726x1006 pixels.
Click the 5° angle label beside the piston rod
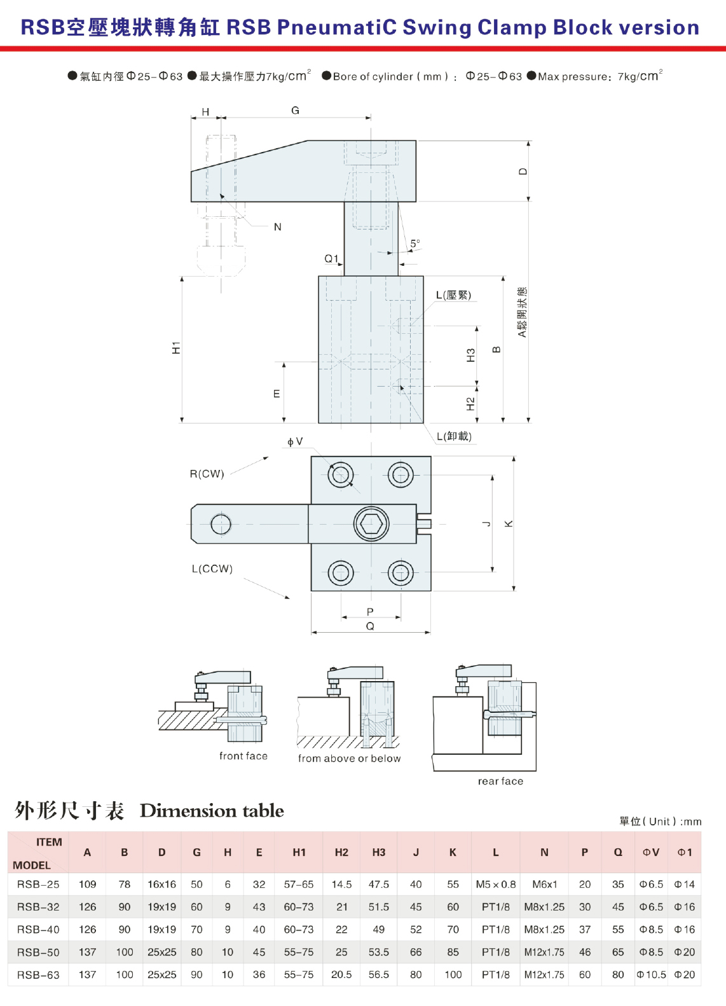(x=415, y=244)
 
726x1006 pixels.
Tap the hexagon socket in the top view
(x=371, y=523)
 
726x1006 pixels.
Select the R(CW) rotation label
(x=207, y=474)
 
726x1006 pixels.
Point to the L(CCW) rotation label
(x=212, y=568)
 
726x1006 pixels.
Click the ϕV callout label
(x=295, y=441)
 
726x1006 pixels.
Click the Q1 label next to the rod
(x=331, y=259)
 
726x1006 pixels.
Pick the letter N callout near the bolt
(x=277, y=227)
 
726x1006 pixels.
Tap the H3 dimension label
(x=470, y=355)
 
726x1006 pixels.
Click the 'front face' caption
(x=243, y=756)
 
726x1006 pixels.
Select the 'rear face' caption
(x=500, y=781)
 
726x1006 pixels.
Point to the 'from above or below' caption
(x=349, y=758)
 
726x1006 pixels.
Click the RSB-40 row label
(x=38, y=929)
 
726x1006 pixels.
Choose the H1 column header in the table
(x=299, y=852)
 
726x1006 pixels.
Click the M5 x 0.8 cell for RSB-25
(x=496, y=885)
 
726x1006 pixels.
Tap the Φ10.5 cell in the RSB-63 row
(x=651, y=975)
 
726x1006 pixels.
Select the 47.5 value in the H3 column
(x=378, y=885)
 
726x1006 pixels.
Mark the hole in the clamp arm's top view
(x=221, y=524)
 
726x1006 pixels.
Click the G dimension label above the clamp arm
(x=295, y=111)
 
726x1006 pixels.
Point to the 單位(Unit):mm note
(x=660, y=822)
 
